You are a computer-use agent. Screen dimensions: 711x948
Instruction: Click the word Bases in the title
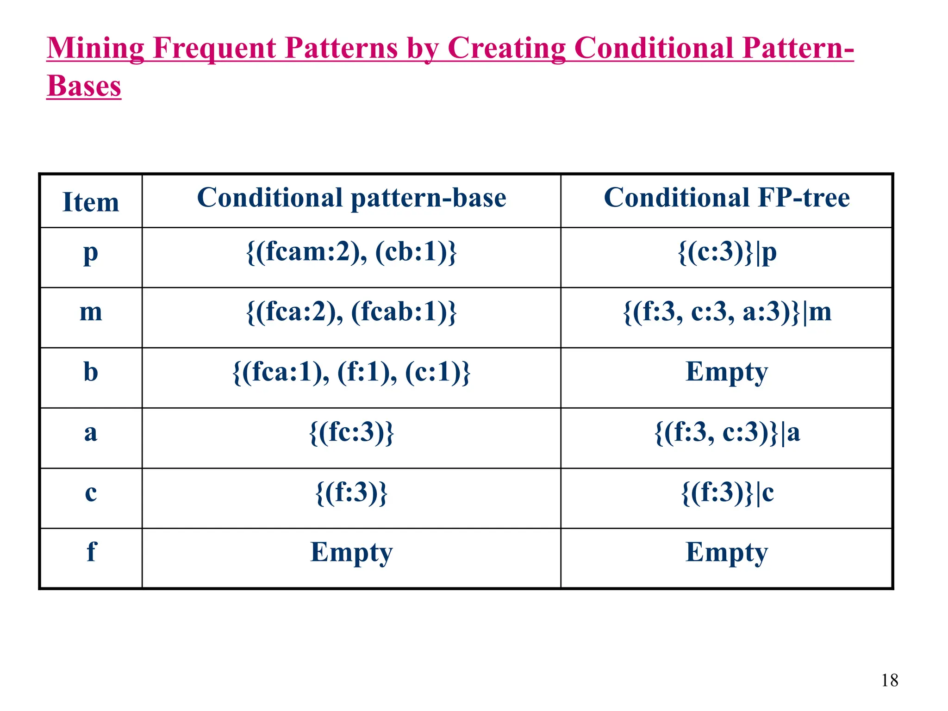point(84,86)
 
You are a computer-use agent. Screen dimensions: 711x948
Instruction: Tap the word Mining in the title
point(95,48)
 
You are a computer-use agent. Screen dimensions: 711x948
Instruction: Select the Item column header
point(91,202)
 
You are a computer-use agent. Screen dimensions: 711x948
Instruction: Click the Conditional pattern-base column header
point(351,198)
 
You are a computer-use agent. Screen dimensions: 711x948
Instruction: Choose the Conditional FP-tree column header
point(727,198)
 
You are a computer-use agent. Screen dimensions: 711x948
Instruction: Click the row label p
point(91,253)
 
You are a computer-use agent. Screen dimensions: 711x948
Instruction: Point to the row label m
point(91,312)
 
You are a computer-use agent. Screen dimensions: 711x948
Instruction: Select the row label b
point(91,372)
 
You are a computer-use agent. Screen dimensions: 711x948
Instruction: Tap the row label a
point(91,432)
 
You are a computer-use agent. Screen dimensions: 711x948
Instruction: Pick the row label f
point(91,552)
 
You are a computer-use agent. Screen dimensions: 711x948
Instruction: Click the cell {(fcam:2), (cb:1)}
point(351,253)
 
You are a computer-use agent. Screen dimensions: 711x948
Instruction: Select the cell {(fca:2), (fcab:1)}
point(351,312)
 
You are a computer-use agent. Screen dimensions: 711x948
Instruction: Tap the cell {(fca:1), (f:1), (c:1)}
point(351,372)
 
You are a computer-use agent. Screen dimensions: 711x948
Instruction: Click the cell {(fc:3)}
point(351,432)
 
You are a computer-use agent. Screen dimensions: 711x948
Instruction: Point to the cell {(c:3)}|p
point(727,253)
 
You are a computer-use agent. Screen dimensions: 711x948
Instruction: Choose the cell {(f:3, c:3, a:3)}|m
point(727,312)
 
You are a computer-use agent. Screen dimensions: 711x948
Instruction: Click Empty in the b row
point(727,372)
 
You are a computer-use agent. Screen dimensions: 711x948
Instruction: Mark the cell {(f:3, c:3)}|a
point(727,432)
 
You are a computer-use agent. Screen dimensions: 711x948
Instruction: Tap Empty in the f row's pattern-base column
point(351,552)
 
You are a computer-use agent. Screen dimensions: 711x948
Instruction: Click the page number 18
point(889,680)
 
